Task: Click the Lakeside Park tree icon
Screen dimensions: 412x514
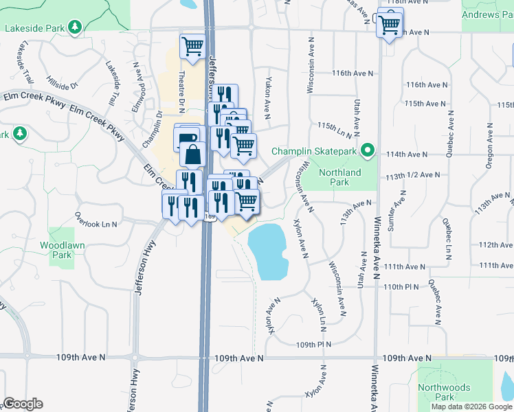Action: pyautogui.click(x=75, y=28)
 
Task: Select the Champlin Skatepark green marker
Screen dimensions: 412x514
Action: pyautogui.click(x=368, y=150)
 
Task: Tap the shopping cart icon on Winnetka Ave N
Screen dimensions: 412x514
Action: pyautogui.click(x=389, y=25)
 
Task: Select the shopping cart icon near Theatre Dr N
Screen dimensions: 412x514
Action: pyautogui.click(x=192, y=47)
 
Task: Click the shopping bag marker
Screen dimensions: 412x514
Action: pyautogui.click(x=193, y=154)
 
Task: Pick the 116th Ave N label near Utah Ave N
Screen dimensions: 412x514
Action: pyautogui.click(x=352, y=73)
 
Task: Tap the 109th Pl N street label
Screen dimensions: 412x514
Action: pyautogui.click(x=313, y=344)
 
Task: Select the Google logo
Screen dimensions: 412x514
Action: pyautogui.click(x=23, y=404)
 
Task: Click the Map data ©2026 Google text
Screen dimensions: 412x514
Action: pyautogui.click(x=471, y=407)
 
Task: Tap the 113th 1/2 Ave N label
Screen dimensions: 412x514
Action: pyautogui.click(x=413, y=175)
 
